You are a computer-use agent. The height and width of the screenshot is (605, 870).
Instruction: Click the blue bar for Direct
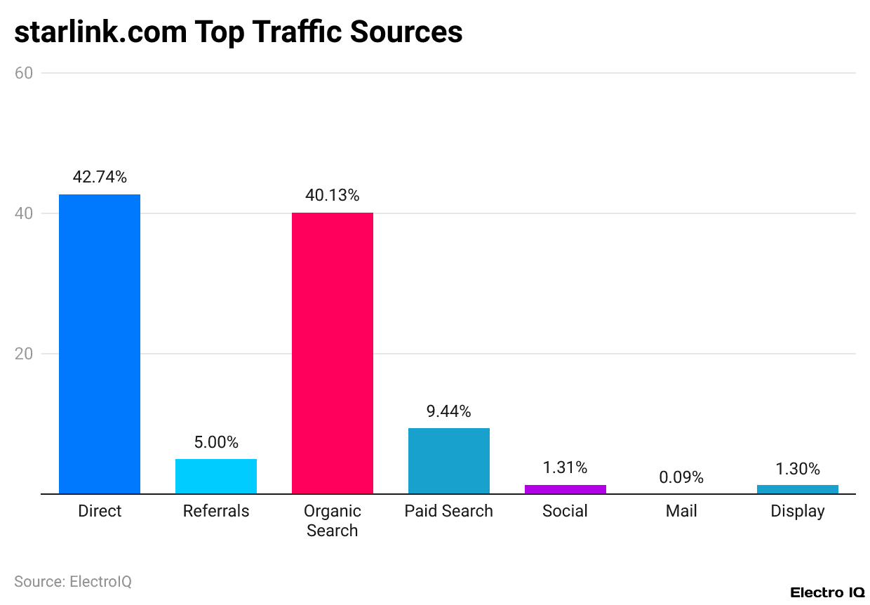coord(100,344)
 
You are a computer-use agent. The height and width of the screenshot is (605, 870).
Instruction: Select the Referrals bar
coord(216,476)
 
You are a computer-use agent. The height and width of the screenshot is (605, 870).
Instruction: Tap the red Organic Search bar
coord(333,353)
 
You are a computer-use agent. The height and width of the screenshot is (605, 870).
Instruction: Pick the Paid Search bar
coord(449,460)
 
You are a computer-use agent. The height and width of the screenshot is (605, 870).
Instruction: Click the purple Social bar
coord(565,489)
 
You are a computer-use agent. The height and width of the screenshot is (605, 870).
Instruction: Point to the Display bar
coord(798,489)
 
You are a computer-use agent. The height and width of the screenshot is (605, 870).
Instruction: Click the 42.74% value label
coord(100,178)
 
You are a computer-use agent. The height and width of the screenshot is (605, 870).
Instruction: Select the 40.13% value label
coord(333,196)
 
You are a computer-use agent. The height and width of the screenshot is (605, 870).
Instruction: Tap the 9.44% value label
coord(449,411)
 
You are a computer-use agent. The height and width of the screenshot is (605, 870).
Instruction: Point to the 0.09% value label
coord(681,478)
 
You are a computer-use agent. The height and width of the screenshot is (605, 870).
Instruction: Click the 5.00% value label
coord(216,443)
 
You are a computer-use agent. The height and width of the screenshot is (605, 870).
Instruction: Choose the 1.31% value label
coord(565,468)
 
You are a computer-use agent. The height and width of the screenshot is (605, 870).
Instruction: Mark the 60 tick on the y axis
coord(24,73)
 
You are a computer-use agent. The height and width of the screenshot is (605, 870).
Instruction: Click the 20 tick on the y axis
coord(24,354)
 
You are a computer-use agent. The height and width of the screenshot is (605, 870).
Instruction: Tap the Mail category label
coord(681,512)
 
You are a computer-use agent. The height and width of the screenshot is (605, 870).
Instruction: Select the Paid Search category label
coord(449,512)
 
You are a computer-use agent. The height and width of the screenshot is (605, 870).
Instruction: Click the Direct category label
coord(100,512)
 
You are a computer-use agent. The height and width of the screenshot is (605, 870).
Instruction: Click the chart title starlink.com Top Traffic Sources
coord(239,32)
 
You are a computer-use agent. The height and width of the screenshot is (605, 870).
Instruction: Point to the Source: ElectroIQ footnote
coord(73,582)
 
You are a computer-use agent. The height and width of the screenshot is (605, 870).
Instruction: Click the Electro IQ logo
coord(827,593)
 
